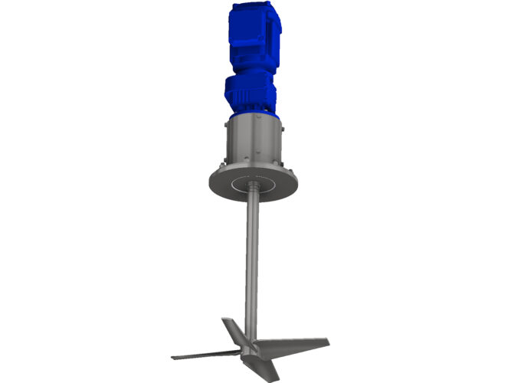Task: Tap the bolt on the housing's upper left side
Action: click(x=227, y=124)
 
